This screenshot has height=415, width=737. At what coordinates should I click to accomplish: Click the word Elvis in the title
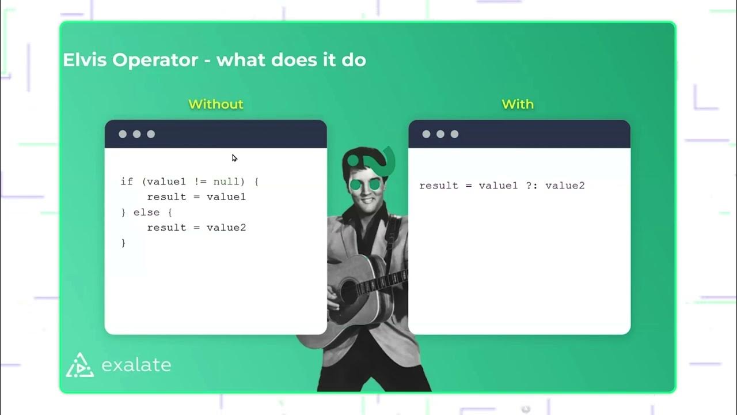pos(85,60)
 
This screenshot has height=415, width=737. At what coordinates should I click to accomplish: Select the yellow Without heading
pos(216,104)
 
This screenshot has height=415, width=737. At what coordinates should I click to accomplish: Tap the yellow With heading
pos(518,104)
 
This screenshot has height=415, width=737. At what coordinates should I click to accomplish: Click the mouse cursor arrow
pos(234,158)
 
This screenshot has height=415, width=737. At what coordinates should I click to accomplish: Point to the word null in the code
pos(226,182)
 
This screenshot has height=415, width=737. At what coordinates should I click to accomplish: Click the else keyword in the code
pos(147,212)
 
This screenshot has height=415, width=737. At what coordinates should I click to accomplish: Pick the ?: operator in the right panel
pos(531,186)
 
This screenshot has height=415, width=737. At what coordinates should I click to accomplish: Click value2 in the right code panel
pos(565,186)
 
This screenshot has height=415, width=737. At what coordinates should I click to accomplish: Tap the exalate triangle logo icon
pos(80,364)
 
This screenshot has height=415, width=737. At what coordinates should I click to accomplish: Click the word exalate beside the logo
pos(136,365)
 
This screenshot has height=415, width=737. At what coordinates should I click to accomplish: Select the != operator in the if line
pos(200,182)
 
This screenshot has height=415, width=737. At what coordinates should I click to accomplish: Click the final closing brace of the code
pos(123,243)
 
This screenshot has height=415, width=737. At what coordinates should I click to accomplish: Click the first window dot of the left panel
pos(123,134)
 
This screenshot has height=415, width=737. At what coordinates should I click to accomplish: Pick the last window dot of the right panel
pos(454,134)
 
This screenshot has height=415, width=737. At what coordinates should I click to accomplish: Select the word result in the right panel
pos(438,186)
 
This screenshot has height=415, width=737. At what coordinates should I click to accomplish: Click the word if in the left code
pos(127,182)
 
